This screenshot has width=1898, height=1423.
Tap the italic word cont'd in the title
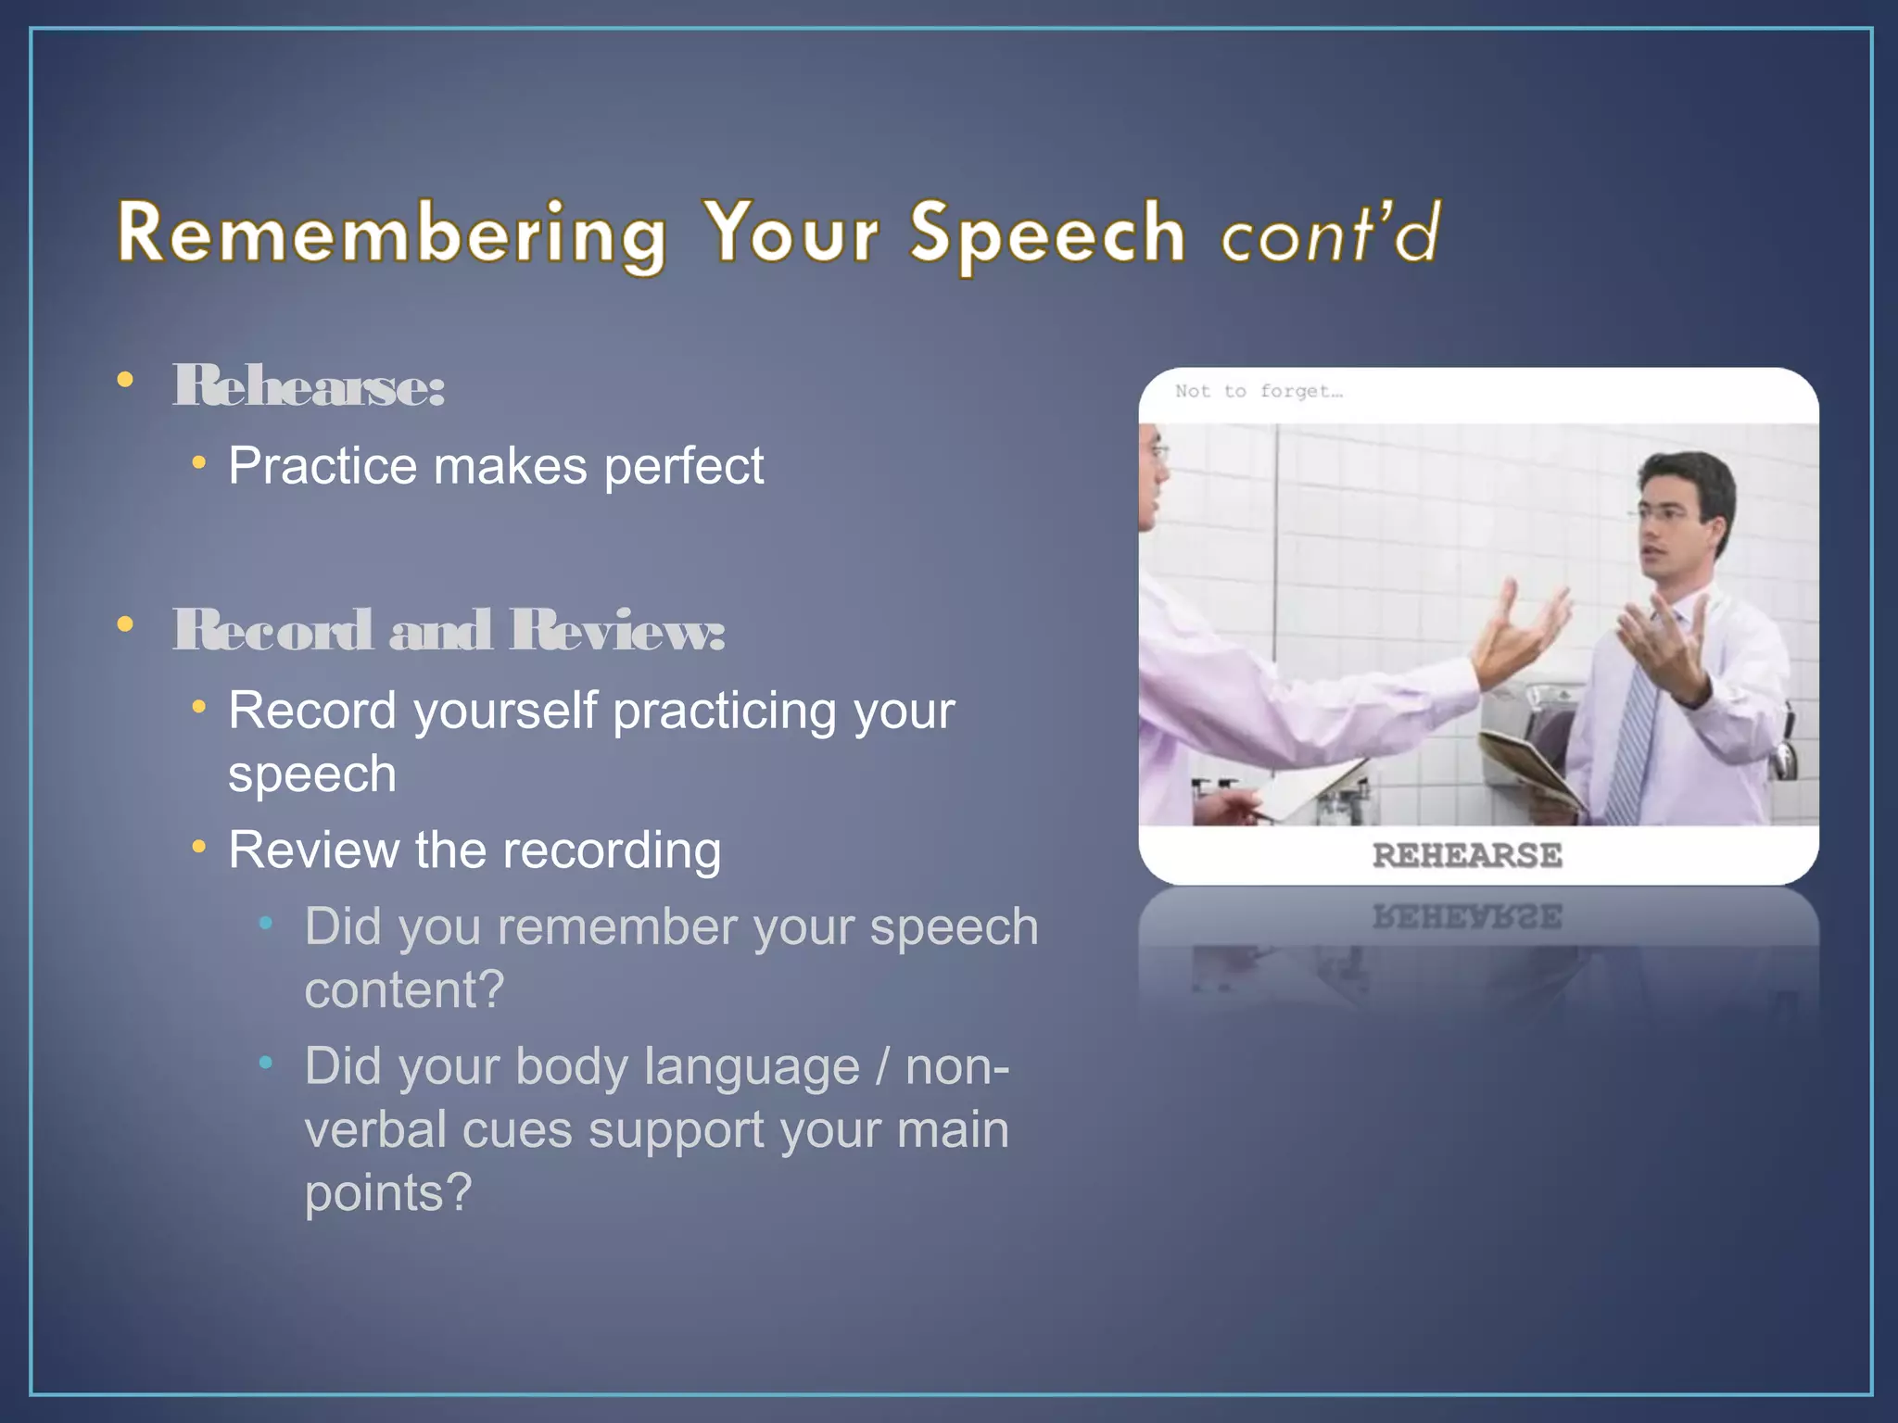click(1331, 233)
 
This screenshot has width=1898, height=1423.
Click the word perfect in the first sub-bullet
click(684, 465)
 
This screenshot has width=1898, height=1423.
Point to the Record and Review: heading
click(449, 630)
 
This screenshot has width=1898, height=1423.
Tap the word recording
click(612, 850)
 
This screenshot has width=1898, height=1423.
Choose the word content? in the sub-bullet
click(404, 989)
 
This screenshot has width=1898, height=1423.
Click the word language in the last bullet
click(752, 1066)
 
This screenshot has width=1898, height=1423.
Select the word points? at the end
click(388, 1192)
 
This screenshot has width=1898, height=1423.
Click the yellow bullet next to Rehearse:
click(125, 379)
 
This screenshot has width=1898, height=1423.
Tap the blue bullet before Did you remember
click(266, 923)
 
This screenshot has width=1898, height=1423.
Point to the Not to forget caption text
click(1258, 391)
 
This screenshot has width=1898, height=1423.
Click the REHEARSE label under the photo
click(1467, 855)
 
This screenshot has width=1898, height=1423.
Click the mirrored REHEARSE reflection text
click(1467, 917)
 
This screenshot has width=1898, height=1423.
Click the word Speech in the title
click(1047, 233)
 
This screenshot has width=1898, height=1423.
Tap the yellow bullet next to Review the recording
click(198, 846)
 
